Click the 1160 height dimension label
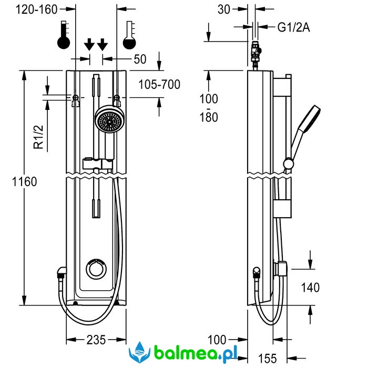[25, 182]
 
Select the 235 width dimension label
[96, 340]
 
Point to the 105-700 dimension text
[159, 84]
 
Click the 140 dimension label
[310, 287]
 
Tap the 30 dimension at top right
[224, 9]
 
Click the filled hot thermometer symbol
[64, 35]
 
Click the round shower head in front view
[109, 121]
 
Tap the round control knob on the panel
[97, 268]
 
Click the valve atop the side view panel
[256, 53]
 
